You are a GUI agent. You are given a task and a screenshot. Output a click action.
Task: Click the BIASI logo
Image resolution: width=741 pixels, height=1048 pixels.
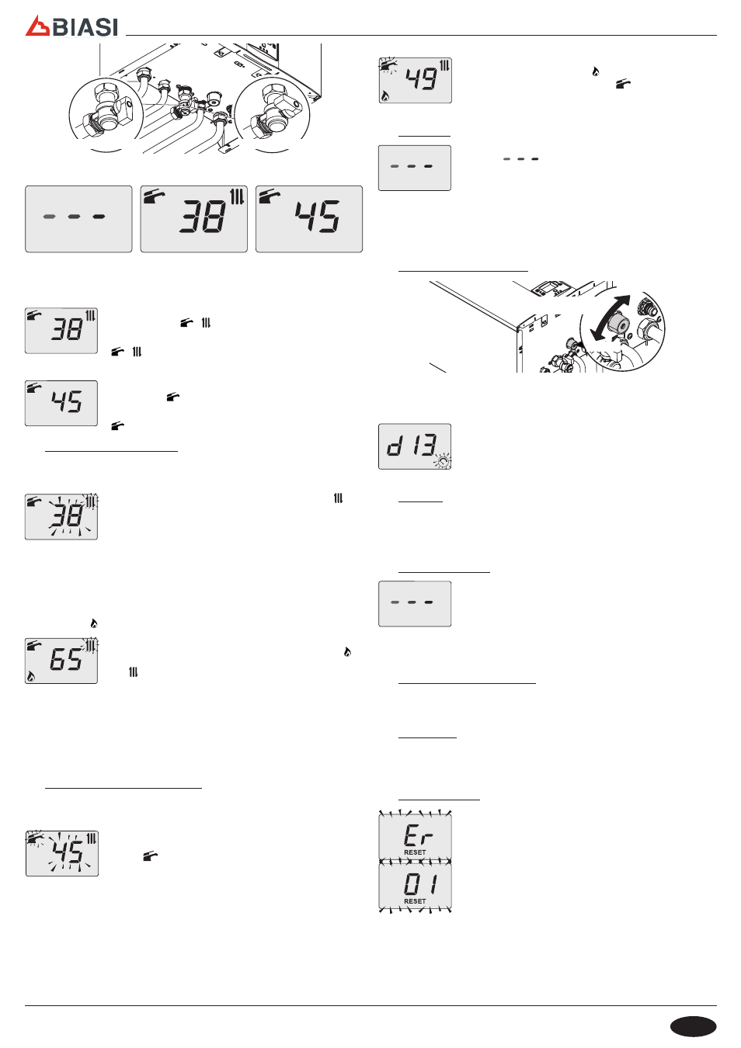click(71, 26)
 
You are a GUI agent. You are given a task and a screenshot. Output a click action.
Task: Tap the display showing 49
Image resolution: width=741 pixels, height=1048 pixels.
click(416, 80)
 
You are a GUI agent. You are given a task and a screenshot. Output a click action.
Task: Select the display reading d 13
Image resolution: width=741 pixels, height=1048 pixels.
click(415, 446)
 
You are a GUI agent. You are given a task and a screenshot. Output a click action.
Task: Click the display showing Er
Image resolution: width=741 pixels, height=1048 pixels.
click(416, 837)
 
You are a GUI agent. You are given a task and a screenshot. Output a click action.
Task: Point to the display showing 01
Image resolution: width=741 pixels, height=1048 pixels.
click(416, 885)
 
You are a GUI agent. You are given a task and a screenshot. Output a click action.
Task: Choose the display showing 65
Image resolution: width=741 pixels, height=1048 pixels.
click(61, 661)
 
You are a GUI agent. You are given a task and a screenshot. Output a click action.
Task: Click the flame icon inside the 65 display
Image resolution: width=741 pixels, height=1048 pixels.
click(31, 676)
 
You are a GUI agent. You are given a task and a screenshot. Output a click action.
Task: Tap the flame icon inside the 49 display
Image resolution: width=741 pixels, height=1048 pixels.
click(385, 96)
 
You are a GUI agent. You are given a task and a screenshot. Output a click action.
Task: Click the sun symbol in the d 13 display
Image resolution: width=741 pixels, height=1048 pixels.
click(443, 462)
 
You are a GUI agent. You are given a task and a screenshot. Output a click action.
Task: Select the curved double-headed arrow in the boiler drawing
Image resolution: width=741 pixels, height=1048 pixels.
click(610, 318)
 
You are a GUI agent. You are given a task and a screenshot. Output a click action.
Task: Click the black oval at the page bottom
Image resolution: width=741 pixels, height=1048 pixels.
click(693, 1026)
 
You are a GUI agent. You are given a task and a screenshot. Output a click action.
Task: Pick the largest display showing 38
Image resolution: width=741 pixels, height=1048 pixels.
click(193, 219)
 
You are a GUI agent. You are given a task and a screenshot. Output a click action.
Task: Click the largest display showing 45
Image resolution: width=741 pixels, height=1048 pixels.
click(309, 219)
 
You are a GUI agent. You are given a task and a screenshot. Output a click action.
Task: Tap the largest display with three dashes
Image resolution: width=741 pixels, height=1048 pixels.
click(78, 219)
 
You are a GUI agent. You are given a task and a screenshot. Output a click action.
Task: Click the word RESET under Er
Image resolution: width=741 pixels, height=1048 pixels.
click(416, 852)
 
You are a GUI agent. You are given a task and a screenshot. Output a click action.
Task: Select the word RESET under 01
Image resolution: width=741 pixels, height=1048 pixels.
click(416, 901)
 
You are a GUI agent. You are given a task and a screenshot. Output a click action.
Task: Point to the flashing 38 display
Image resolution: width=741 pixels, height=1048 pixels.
click(61, 516)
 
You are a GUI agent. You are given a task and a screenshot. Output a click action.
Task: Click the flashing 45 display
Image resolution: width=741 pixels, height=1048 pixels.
click(62, 853)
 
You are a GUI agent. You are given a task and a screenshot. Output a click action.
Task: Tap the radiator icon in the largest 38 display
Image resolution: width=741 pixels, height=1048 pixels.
click(238, 196)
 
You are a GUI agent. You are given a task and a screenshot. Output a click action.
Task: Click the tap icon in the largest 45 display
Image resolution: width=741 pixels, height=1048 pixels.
click(270, 196)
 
